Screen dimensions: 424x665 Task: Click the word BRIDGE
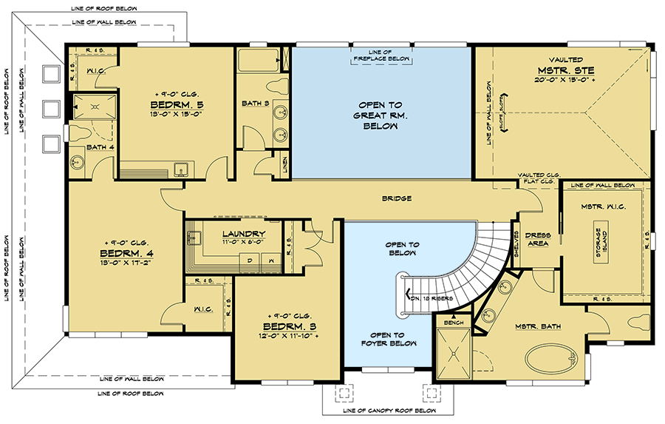point(397,198)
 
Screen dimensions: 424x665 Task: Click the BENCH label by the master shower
point(452,323)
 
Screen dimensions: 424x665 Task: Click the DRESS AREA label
point(537,240)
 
